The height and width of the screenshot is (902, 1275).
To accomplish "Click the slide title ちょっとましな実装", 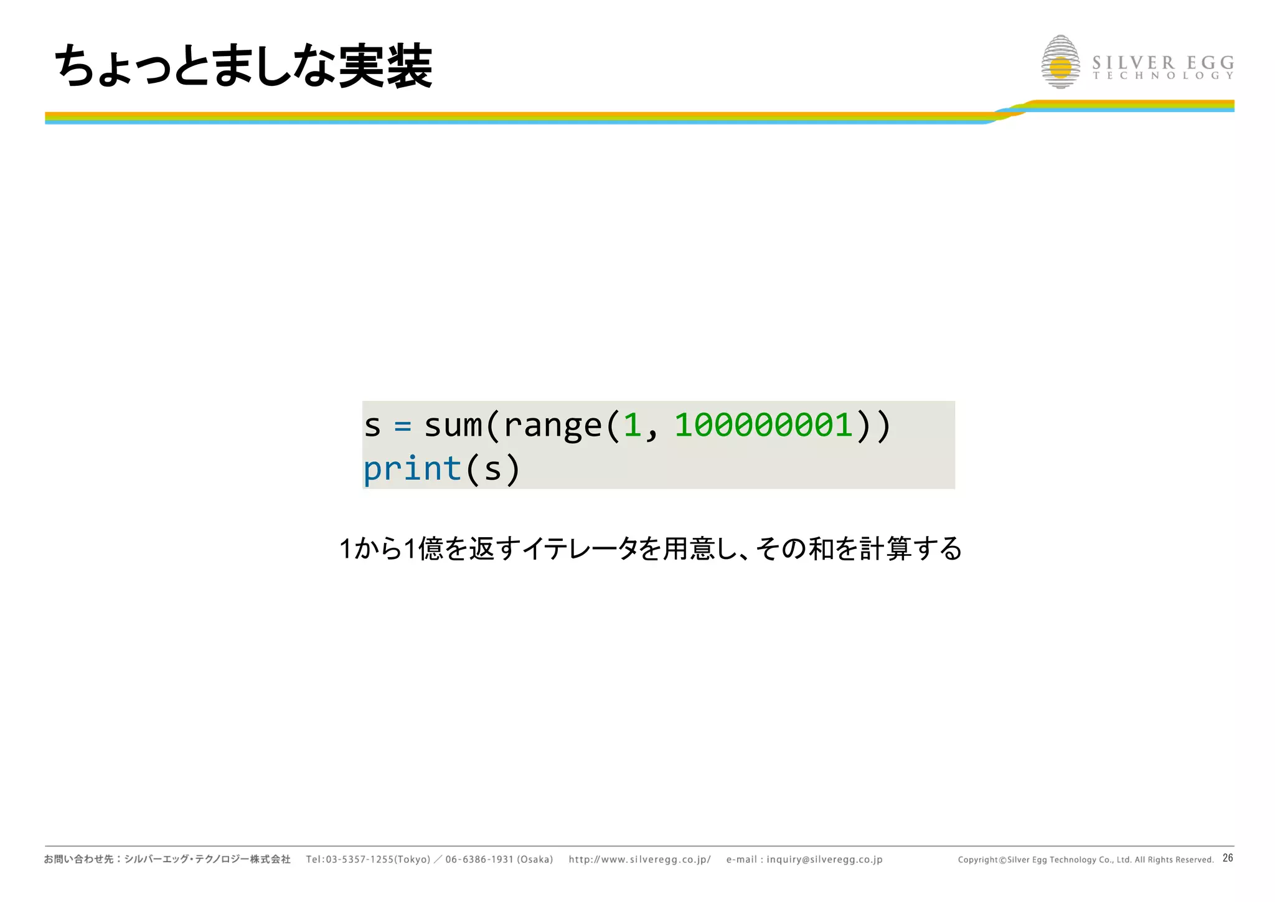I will point(243,66).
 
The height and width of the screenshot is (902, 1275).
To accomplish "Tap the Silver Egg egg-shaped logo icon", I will point(1060,62).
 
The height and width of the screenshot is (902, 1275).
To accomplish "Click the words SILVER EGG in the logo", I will point(1163,63).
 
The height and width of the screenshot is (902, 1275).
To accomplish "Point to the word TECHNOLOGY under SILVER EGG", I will point(1163,76).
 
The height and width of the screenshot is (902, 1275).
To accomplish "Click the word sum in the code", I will point(453,426).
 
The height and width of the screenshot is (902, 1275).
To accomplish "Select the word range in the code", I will point(552,426).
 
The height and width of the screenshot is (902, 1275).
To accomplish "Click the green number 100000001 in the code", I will point(764,425).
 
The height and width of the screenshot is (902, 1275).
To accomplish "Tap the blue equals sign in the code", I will point(403,426).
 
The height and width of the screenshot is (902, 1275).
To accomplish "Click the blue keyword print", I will point(412,469).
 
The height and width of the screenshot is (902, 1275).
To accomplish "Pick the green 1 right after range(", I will point(633,425).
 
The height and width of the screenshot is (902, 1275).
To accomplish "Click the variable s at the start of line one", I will point(372,426).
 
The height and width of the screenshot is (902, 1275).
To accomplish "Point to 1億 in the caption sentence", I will point(423,549).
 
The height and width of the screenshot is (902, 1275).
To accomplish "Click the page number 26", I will point(1228,858).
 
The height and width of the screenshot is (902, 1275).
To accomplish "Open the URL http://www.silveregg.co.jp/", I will point(639,860).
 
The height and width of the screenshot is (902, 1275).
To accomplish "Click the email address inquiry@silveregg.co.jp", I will point(824,860).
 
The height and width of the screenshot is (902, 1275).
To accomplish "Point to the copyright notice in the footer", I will point(1085,860).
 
